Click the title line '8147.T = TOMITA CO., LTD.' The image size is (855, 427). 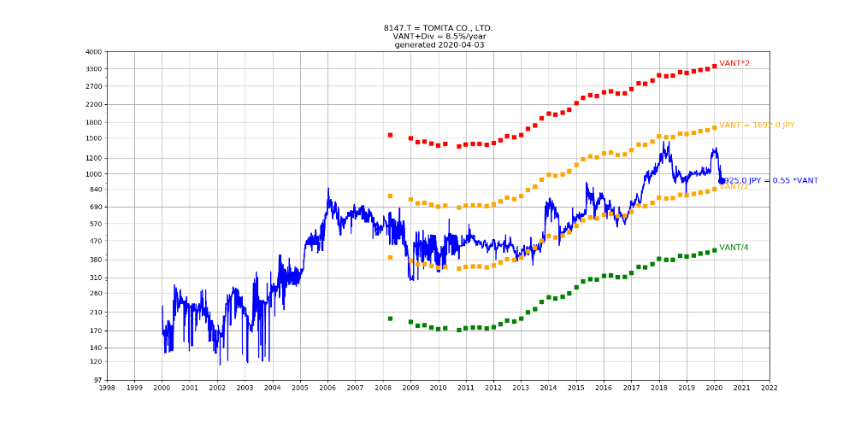click(x=438, y=28)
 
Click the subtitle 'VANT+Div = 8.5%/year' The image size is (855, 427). click(x=438, y=37)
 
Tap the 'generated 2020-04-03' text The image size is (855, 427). click(x=438, y=45)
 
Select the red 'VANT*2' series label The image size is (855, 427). click(x=734, y=64)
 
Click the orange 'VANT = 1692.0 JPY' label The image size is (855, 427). click(x=757, y=126)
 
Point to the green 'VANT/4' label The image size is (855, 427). click(x=734, y=248)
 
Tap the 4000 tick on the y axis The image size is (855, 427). click(x=93, y=52)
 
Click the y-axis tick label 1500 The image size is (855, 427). click(x=93, y=138)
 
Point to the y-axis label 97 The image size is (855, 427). click(x=97, y=380)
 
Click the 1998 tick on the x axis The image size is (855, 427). click(x=107, y=388)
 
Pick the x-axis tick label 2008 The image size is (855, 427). click(x=383, y=388)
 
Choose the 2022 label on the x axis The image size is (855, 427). click(x=769, y=388)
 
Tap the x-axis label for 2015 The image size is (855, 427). click(x=576, y=388)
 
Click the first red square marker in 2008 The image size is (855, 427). click(x=390, y=135)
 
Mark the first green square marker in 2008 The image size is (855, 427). click(x=390, y=319)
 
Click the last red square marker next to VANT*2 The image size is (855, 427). click(x=714, y=66)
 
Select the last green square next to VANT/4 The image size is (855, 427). click(x=714, y=250)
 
